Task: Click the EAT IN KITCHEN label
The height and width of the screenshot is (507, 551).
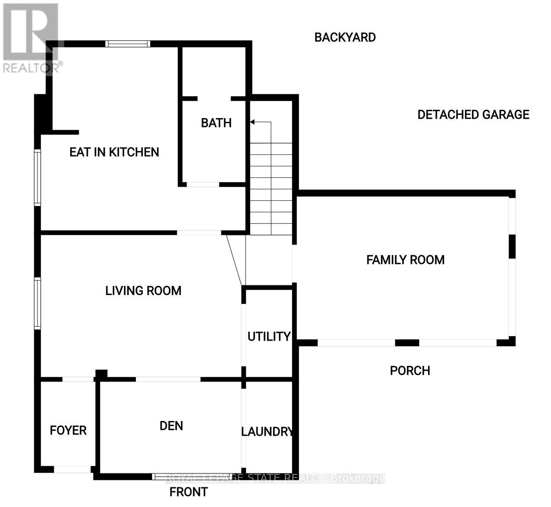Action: pyautogui.click(x=114, y=152)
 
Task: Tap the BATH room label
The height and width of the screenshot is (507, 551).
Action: pyautogui.click(x=216, y=123)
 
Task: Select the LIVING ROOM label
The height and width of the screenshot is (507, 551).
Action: pyautogui.click(x=143, y=291)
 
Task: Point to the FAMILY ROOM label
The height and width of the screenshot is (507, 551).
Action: pyautogui.click(x=405, y=260)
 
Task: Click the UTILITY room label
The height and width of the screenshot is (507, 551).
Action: pyautogui.click(x=269, y=336)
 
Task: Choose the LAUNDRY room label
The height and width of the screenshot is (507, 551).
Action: pyautogui.click(x=267, y=432)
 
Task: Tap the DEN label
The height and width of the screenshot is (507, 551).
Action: pyautogui.click(x=171, y=426)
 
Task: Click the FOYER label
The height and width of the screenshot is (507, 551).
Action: pyautogui.click(x=68, y=431)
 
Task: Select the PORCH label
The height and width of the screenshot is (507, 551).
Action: pyautogui.click(x=410, y=370)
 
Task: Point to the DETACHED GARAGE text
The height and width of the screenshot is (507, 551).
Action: pyautogui.click(x=473, y=114)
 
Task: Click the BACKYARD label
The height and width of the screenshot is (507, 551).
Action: pyautogui.click(x=345, y=37)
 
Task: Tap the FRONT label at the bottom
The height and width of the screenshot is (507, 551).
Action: pyautogui.click(x=188, y=492)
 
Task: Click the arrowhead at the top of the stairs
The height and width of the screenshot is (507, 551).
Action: pyautogui.click(x=252, y=122)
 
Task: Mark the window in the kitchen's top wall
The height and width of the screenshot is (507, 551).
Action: pyautogui.click(x=128, y=44)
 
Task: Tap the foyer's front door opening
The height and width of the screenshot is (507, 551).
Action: pyautogui.click(x=72, y=469)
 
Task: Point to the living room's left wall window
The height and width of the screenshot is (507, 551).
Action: pyautogui.click(x=38, y=303)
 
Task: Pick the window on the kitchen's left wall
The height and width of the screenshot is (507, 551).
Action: pyautogui.click(x=38, y=177)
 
